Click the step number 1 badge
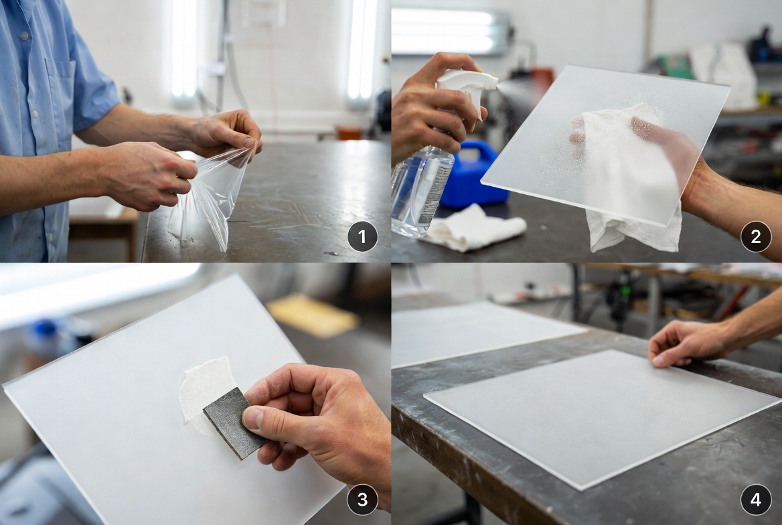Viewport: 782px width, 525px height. point(362,236)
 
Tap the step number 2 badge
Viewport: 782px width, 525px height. point(755,236)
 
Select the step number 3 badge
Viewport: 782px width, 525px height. point(362,499)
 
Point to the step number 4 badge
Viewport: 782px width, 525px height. point(755,499)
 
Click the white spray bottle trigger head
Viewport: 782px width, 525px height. point(469,84)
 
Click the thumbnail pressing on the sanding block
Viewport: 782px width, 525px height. point(252,419)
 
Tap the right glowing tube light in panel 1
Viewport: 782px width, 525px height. point(362,50)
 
